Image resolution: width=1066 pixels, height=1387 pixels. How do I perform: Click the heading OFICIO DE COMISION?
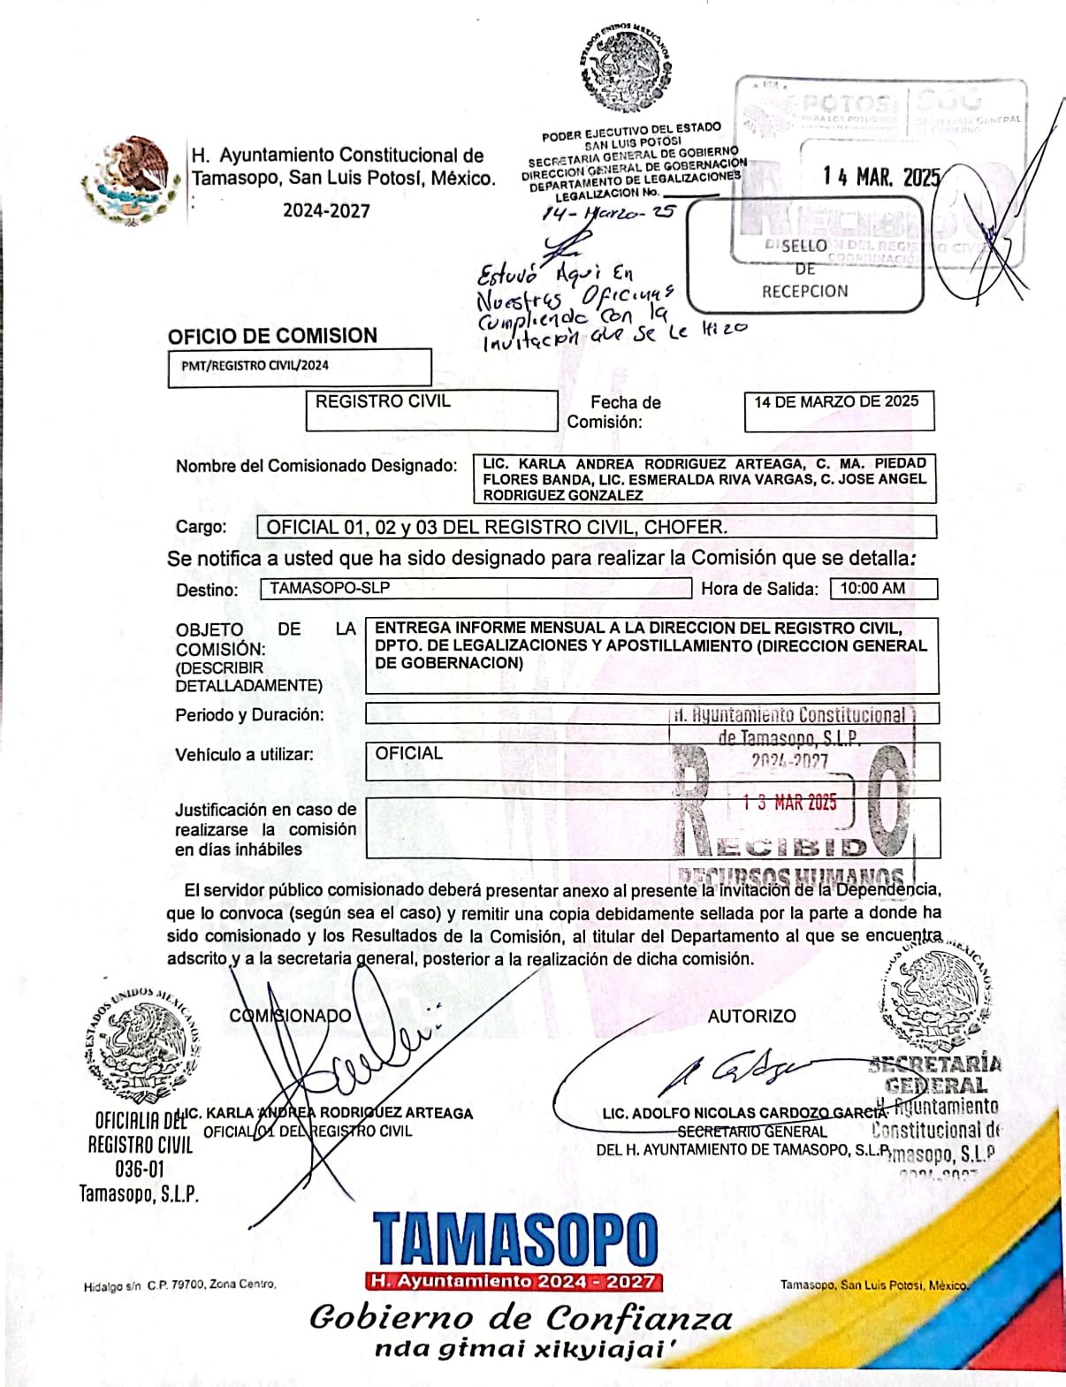(272, 336)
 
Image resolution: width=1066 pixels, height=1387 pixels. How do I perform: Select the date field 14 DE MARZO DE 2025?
(836, 402)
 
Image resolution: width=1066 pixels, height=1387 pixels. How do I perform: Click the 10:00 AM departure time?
(872, 589)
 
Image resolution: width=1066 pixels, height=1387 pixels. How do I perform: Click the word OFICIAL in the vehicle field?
(408, 754)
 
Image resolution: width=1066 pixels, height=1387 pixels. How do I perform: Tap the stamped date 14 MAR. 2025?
(880, 177)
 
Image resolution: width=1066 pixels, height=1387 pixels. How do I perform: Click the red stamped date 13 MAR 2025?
(789, 803)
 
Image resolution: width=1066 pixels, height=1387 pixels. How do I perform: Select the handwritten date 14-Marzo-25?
(609, 213)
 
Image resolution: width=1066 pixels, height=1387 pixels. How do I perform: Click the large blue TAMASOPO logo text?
(515, 1239)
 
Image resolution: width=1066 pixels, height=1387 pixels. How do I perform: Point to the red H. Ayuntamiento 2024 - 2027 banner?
(514, 1281)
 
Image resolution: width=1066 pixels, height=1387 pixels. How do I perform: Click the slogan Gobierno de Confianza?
(521, 1318)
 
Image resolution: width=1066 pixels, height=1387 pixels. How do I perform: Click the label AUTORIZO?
(751, 1017)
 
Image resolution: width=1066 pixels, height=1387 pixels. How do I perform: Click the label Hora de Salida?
(760, 589)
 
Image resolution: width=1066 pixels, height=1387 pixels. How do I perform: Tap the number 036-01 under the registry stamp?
(140, 1169)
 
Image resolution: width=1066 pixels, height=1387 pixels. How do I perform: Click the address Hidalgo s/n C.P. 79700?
(179, 1284)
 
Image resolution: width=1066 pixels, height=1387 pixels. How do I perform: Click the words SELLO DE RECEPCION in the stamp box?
(804, 269)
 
